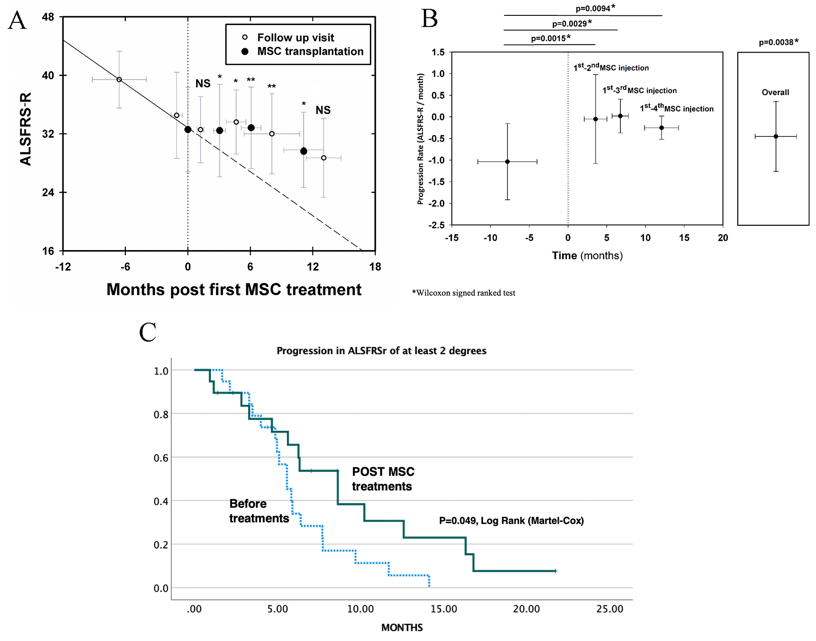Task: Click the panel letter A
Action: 18,20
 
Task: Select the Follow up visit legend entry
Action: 295,38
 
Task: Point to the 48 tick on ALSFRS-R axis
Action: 48,17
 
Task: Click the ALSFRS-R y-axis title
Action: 26,128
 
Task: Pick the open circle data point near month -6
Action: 119,80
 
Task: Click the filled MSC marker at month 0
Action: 188,129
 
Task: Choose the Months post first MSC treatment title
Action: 234,290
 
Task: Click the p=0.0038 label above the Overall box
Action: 778,42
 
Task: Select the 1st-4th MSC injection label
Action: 677,108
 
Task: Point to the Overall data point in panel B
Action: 776,136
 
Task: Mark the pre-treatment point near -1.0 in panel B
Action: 507,162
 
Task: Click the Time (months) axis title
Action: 587,256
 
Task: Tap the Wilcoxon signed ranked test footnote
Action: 464,293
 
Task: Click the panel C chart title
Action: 381,351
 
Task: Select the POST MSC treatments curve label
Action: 383,479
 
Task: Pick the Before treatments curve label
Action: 259,511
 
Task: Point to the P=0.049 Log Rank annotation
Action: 511,520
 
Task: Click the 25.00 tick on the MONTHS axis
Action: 610,609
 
